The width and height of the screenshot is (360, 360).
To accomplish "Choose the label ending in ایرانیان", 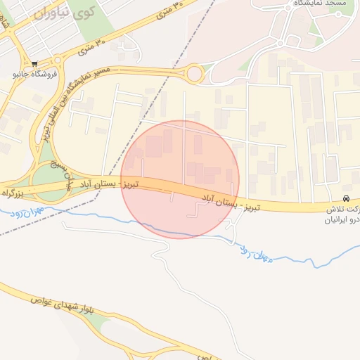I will pos(341,219).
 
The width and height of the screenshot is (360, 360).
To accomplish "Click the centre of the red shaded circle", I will pos(180,179).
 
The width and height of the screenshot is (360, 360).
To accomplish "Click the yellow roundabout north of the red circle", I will pos(195,73).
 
